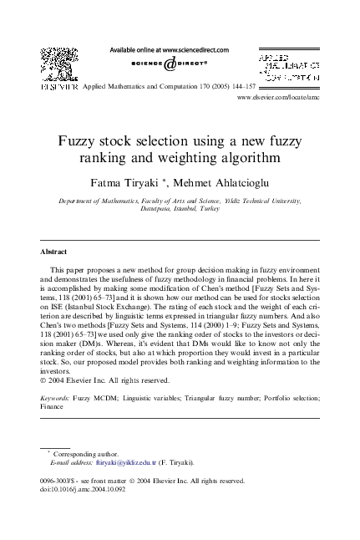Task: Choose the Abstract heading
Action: click(x=53, y=251)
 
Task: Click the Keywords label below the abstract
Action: click(x=56, y=399)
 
